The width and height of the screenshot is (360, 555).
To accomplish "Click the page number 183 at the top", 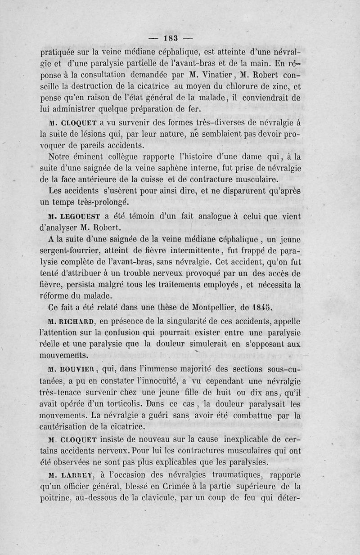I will pos(172,37).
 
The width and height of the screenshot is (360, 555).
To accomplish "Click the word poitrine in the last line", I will pos(55,498).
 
